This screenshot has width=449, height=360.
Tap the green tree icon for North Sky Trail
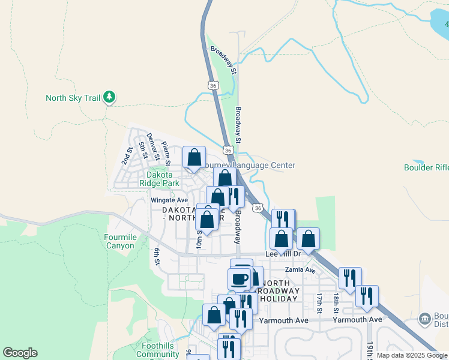[109, 97]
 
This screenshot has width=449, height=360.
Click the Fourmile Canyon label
[120, 241]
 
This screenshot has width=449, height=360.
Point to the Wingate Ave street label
[169, 200]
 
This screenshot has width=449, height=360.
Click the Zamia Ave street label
[300, 270]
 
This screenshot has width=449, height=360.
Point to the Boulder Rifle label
[426, 167]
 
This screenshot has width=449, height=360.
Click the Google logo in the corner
[20, 353]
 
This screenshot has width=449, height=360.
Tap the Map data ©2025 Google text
[412, 355]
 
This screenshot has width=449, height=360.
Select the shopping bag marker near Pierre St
[194, 158]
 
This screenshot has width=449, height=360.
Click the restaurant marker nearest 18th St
[350, 278]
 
